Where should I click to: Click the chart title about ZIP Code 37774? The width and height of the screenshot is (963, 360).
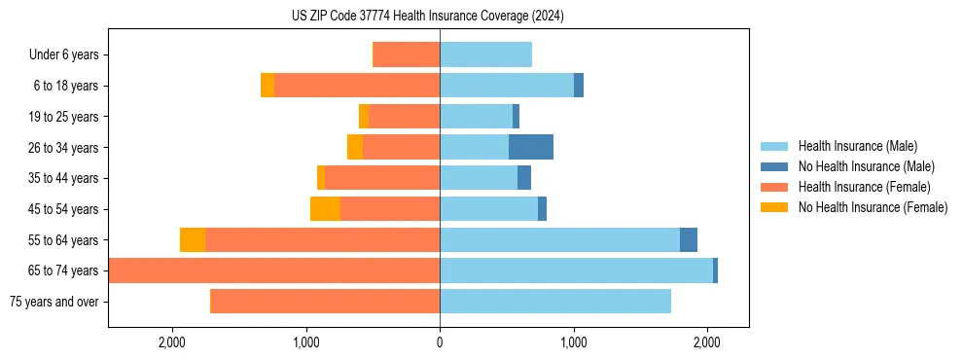[x=427, y=17]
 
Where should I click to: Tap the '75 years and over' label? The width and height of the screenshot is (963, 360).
[x=53, y=302]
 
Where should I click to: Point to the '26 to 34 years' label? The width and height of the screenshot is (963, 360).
[x=63, y=148]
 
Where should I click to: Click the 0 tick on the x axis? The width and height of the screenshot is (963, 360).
[x=440, y=342]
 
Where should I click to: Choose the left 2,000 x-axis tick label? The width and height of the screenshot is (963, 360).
[x=172, y=342]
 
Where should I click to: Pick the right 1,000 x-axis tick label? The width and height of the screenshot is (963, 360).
[x=573, y=342]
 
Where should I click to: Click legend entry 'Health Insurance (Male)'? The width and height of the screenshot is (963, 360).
[x=857, y=146]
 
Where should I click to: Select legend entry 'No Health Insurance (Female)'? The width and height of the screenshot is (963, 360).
[x=873, y=207]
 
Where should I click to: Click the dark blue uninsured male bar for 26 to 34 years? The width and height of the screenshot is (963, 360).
[x=531, y=148]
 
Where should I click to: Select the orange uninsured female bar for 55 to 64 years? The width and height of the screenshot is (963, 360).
[x=193, y=240]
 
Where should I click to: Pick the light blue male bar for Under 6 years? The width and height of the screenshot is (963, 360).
[x=485, y=55]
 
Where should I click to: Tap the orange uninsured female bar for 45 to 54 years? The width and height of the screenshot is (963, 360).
[x=325, y=209]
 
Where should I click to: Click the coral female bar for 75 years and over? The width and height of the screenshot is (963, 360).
[x=325, y=302]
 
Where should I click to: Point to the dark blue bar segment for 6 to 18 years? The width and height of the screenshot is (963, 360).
[x=579, y=86]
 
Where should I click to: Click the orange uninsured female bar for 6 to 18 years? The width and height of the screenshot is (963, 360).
[x=267, y=86]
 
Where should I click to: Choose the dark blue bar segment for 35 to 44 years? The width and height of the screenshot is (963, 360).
[x=524, y=178]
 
